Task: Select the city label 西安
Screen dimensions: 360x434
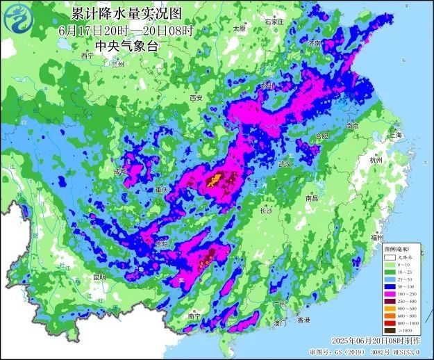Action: pos(197,99)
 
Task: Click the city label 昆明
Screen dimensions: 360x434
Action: pos(99,277)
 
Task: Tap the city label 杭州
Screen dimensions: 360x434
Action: pos(377,160)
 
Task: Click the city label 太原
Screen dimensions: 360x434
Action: pos(240,29)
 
